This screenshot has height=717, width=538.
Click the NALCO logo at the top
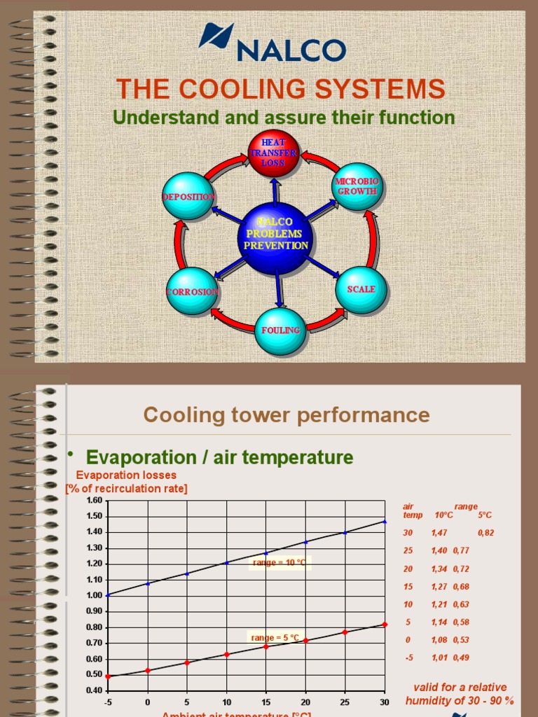273,43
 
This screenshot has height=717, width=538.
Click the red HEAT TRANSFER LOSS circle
274,153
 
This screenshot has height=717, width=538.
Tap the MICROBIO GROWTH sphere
357,186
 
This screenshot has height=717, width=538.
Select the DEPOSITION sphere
188,197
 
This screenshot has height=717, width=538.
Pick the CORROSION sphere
192,291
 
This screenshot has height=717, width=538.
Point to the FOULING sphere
280,330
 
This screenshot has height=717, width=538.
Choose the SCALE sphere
361,289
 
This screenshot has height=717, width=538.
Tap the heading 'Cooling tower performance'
287,415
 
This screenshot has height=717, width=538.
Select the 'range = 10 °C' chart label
279,562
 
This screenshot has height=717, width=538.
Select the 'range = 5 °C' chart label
275,637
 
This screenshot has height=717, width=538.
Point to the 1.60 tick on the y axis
94,500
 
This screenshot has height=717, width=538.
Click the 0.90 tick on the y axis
94,611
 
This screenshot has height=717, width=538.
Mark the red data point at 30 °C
385,624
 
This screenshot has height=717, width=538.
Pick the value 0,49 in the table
460,658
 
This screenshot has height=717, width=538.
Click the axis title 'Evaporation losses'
126,475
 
